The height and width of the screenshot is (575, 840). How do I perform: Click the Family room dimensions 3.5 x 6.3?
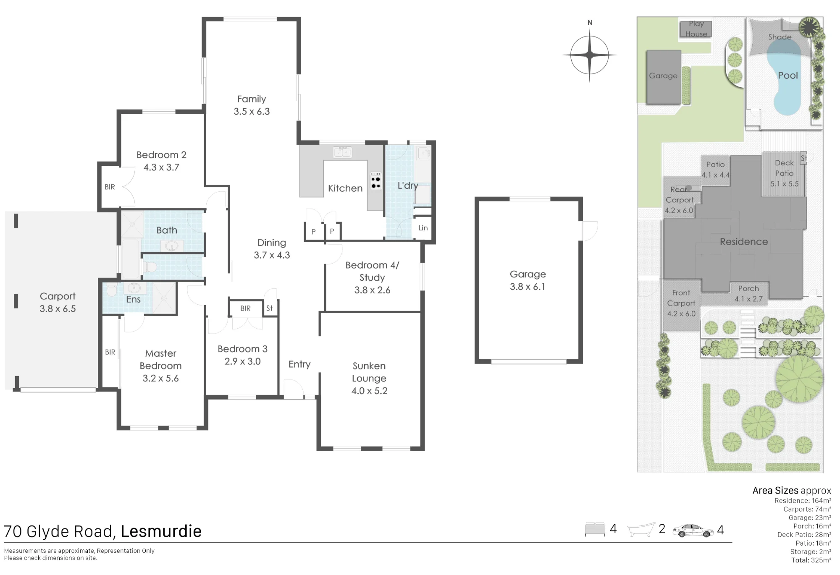252,112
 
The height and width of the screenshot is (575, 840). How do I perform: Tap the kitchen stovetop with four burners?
375,181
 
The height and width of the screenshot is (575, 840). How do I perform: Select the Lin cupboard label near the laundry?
423,228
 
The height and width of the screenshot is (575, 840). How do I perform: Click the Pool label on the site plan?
788,76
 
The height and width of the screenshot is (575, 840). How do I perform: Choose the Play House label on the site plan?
696,29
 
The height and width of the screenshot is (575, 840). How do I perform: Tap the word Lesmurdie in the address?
161,531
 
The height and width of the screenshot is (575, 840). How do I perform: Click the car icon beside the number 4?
693,531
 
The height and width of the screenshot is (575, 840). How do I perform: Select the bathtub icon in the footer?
641,530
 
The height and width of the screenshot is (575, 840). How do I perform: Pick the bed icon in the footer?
595,529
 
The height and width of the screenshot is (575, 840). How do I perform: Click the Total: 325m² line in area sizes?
811,560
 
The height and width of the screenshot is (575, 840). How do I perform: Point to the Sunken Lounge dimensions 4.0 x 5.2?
370,391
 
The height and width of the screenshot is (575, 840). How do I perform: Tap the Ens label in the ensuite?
133,299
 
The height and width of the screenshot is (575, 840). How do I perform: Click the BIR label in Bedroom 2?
110,187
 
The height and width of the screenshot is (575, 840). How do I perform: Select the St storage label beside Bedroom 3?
269,308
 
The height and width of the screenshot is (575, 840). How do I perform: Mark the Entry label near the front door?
299,364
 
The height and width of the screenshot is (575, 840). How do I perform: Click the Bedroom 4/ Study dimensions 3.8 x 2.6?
372,290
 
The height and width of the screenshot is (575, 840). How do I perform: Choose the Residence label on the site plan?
744,242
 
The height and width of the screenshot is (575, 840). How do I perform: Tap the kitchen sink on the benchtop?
343,152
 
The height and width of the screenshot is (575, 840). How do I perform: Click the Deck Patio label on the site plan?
784,168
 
